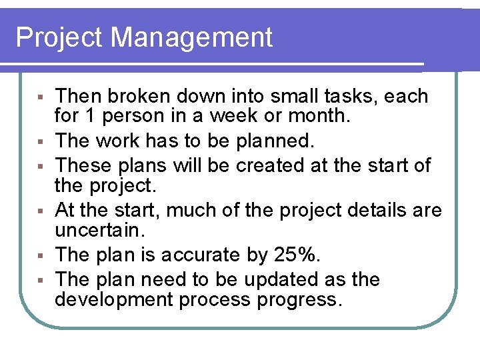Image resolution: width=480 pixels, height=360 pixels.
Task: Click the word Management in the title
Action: (x=192, y=37)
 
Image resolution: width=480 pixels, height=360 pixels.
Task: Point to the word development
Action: (x=114, y=299)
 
